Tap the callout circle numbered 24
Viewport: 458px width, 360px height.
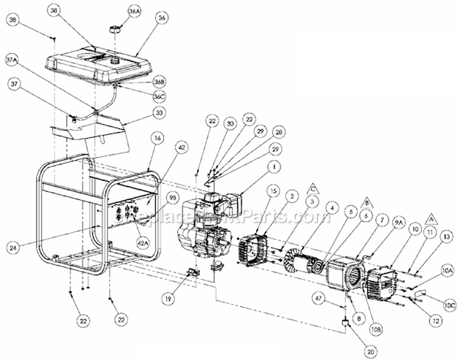(x=13, y=248)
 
